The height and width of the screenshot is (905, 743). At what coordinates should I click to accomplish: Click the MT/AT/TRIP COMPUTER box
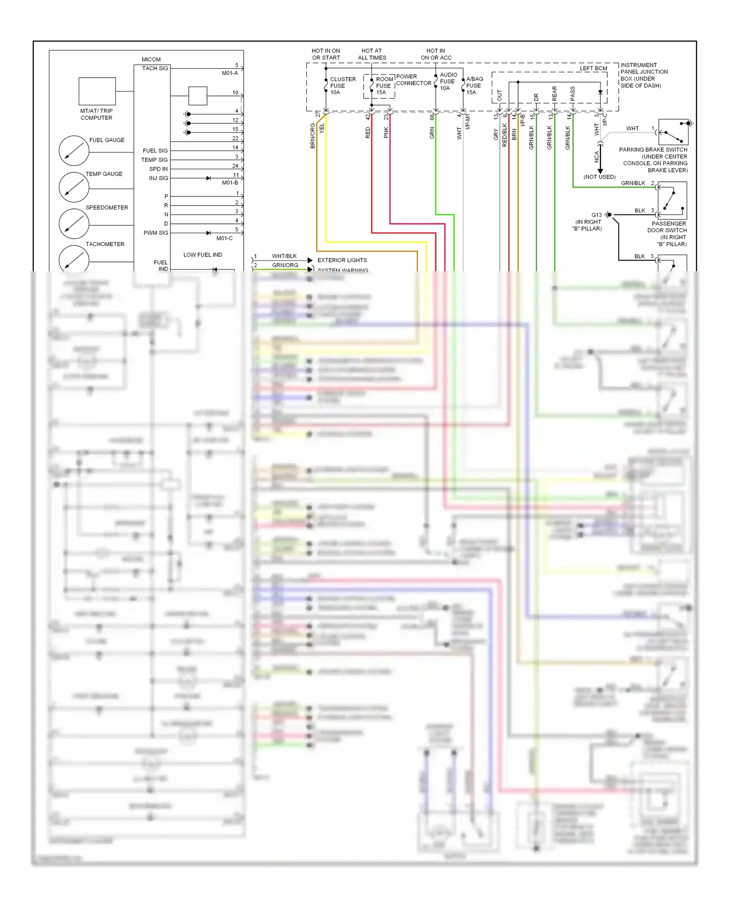point(97,91)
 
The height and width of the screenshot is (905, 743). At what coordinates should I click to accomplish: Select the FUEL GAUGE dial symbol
point(74,151)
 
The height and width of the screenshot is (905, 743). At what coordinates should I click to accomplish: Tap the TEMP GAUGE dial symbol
point(74,187)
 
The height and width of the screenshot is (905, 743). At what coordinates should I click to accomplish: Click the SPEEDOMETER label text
point(106,207)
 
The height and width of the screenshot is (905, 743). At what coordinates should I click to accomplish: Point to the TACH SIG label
point(155,68)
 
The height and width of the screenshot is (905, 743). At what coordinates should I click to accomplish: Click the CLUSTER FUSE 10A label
point(342,86)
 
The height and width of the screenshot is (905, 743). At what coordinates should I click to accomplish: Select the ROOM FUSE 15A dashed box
point(379,86)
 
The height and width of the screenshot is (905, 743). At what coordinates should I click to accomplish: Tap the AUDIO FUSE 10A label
point(448,81)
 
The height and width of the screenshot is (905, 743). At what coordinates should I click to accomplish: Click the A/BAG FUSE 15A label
point(474,86)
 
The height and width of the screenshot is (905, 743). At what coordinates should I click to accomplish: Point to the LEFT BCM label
point(593,68)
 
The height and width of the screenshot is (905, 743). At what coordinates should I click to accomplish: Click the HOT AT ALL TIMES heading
point(371,54)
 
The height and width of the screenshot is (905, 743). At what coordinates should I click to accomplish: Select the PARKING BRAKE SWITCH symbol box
point(673,132)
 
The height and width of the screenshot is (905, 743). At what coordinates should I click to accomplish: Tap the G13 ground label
point(596,215)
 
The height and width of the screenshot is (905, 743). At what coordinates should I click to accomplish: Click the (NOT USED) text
point(599,177)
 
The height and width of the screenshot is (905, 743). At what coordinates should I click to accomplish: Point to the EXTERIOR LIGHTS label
point(342,260)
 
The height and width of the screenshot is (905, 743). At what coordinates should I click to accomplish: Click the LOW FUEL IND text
point(203,254)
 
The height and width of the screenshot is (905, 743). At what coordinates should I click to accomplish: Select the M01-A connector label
point(229,73)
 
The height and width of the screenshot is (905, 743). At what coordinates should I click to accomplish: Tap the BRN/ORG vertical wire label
point(313,136)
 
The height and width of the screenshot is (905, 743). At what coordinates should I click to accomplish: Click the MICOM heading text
point(151,59)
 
